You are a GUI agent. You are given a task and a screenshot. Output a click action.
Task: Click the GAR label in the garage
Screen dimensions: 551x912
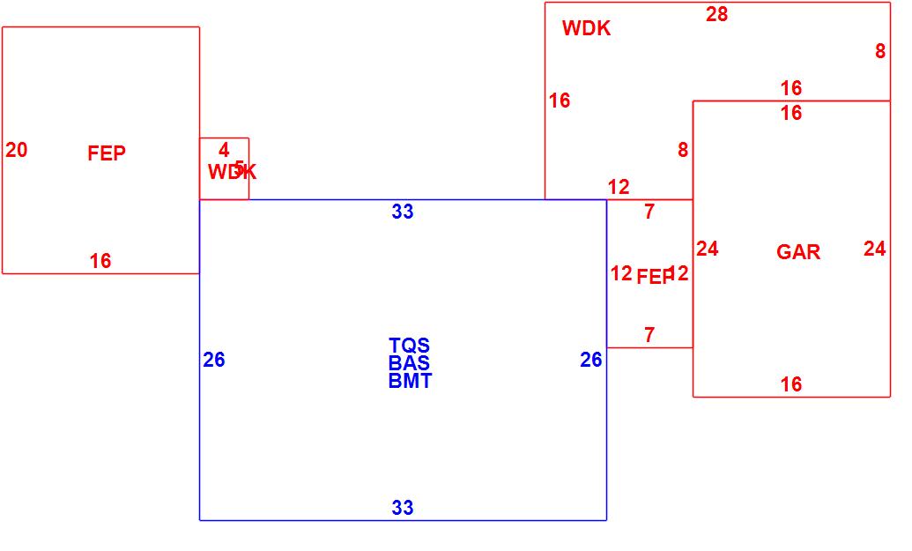pos(798,252)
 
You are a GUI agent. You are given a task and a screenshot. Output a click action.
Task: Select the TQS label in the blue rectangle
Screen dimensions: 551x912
pos(409,346)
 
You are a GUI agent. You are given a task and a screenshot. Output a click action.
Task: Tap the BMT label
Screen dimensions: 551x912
pos(410,381)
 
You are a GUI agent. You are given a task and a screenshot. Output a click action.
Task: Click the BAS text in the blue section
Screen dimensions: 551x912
pos(409,363)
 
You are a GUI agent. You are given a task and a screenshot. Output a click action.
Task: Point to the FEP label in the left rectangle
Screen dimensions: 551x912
pos(107,153)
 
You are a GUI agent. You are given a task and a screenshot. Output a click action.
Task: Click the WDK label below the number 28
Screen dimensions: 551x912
pos(586,28)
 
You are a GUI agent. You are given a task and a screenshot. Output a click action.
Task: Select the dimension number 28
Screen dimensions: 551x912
pos(717,14)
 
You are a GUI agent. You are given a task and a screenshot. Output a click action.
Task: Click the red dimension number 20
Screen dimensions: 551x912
pos(17,151)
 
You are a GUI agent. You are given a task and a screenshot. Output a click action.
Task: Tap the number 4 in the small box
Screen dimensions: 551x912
pos(224,151)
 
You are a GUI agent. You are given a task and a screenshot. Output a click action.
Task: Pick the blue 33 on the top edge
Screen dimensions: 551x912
pos(403,212)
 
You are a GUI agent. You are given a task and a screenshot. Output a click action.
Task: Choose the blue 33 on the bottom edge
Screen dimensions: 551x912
pos(403,508)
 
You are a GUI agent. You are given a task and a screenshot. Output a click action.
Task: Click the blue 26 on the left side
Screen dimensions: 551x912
pos(214,360)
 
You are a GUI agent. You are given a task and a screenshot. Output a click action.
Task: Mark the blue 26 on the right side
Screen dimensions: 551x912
pos(591,360)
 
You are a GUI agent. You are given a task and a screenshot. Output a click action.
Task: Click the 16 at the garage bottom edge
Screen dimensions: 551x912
pos(791,384)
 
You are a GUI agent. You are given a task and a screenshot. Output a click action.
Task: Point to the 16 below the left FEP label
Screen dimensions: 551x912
pos(100,261)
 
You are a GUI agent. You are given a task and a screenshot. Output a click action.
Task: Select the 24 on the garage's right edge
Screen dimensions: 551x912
pos(874,249)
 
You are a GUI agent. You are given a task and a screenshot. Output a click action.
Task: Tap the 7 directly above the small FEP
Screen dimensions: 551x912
pos(649,212)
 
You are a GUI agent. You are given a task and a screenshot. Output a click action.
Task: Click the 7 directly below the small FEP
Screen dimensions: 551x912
pos(649,335)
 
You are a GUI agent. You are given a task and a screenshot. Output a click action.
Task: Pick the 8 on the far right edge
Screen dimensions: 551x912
pos(880,52)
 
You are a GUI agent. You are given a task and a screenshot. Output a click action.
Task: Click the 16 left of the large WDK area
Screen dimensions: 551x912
pos(560,101)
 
